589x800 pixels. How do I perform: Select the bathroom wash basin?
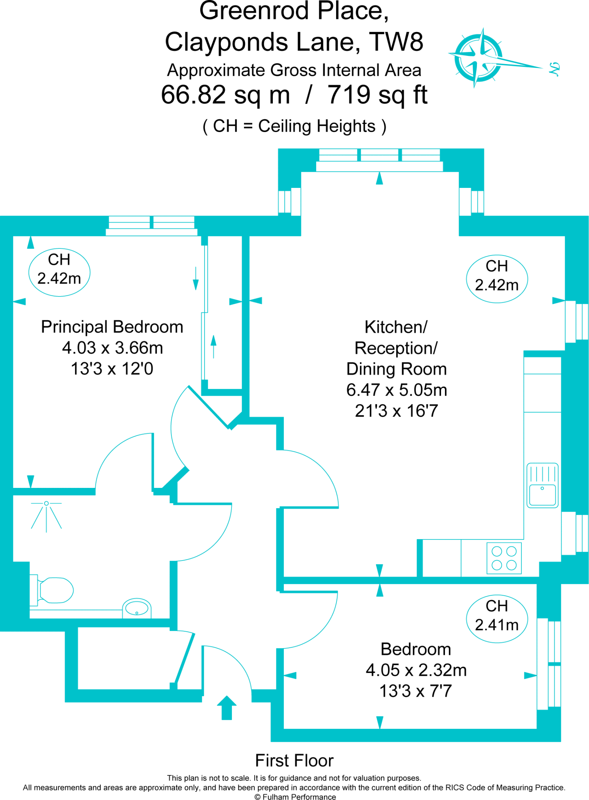pos(137,609)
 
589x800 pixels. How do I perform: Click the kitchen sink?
pos(542,486)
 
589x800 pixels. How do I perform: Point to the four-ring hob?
pos(504,558)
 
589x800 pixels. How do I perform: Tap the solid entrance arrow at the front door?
pos(226,707)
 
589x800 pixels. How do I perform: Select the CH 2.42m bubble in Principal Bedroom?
pos(59,272)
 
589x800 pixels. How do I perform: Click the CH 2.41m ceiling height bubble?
pos(497,619)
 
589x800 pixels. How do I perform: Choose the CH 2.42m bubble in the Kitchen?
pos(497,279)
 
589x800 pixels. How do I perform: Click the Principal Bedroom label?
pos(112,327)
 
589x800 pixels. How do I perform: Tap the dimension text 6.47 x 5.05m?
pos(397,390)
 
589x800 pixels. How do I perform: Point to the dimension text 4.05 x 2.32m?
pos(416,670)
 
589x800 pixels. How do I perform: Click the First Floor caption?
pos(294,761)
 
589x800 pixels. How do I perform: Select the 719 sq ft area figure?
pos(377,95)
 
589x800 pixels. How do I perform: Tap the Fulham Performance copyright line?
pos(295,797)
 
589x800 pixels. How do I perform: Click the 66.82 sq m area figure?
pos(226,95)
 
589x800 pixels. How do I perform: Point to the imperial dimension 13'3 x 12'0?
pos(112,369)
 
